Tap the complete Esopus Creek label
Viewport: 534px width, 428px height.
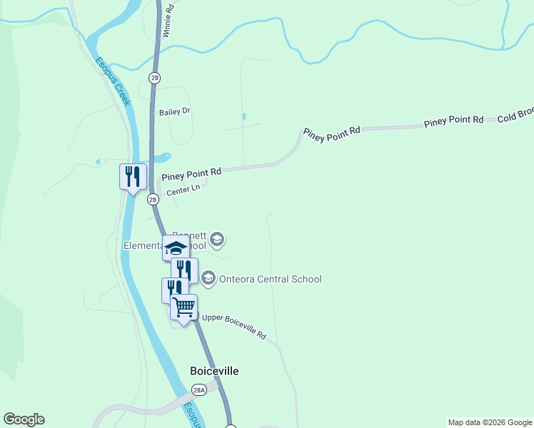click(114, 81)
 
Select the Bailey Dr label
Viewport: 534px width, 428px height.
click(175, 112)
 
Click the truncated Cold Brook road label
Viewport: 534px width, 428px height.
click(515, 115)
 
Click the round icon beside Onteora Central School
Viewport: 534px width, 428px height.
click(208, 279)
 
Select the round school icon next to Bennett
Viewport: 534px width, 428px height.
click(218, 239)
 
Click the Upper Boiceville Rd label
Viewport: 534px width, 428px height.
click(233, 325)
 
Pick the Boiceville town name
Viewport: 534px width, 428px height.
click(214, 371)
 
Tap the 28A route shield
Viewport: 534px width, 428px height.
click(199, 389)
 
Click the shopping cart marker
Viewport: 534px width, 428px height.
click(184, 307)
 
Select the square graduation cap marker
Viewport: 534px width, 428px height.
click(176, 248)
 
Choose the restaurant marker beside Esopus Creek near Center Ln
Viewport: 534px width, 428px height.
click(133, 176)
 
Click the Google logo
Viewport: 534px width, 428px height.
click(24, 419)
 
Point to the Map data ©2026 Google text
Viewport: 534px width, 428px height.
click(490, 422)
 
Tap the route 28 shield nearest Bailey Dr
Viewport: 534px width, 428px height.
click(154, 77)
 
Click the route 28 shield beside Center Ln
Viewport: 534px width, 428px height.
click(153, 200)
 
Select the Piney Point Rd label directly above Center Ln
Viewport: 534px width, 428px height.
click(191, 173)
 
